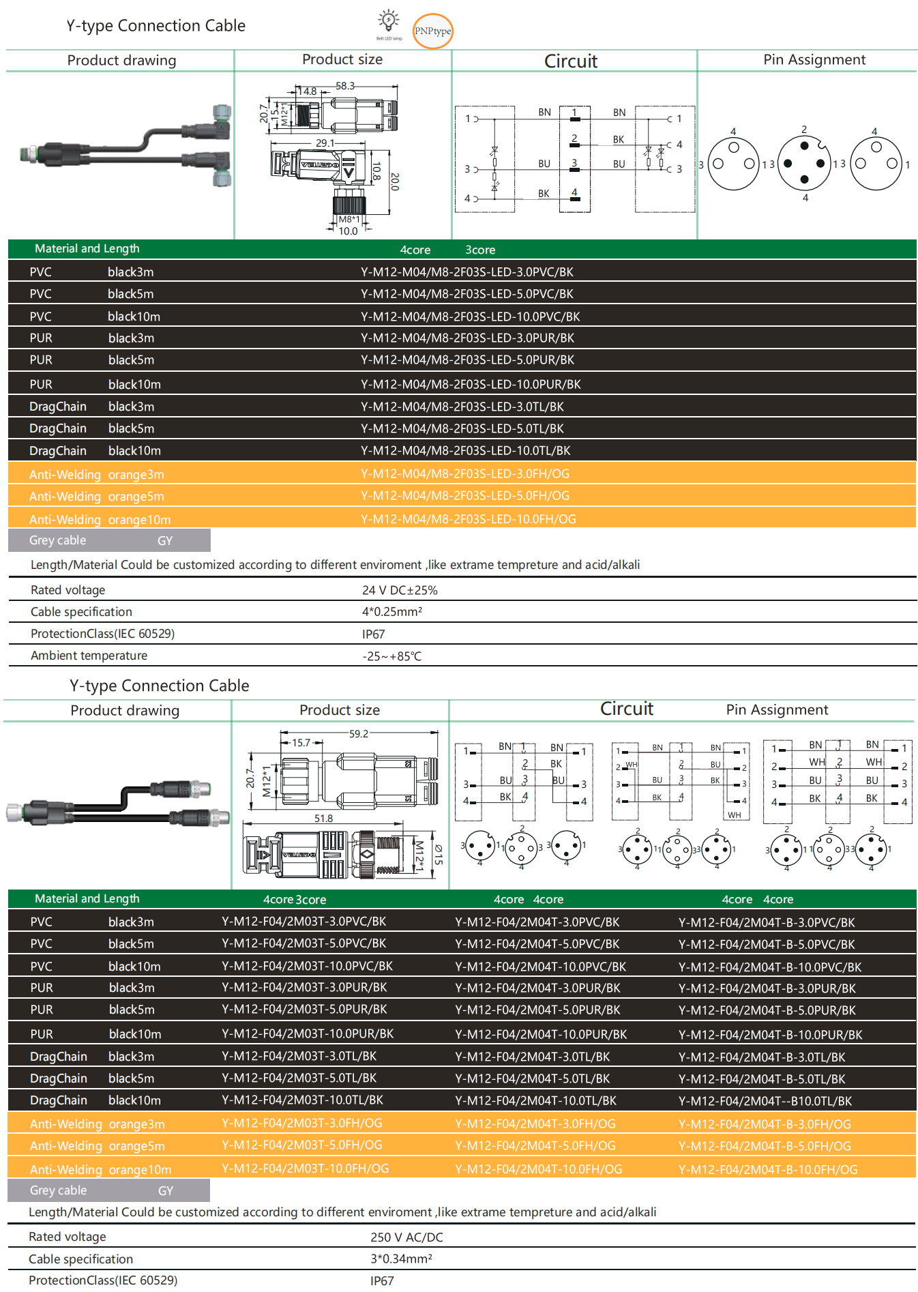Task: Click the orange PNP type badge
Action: (x=433, y=31)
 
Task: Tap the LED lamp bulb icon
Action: (x=389, y=21)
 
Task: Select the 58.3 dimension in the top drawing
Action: (x=345, y=86)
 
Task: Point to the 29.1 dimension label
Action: (x=325, y=143)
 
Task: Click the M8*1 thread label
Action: (x=349, y=220)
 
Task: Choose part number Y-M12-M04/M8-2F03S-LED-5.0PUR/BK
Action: (x=467, y=359)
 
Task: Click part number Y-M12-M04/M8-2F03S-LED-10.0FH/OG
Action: (x=468, y=519)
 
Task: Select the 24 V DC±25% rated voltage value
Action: (x=400, y=590)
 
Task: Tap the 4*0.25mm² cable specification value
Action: (x=392, y=612)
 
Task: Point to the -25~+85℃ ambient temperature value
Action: (x=392, y=656)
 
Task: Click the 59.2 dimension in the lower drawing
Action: (x=359, y=734)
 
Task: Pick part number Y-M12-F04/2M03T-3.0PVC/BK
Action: (x=303, y=922)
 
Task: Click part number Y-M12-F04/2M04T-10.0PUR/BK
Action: (x=541, y=1034)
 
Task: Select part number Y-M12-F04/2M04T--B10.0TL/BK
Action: (x=765, y=1101)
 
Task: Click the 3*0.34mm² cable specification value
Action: (x=401, y=1259)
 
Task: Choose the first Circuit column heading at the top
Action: (x=571, y=61)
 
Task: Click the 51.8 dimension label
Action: (x=324, y=819)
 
